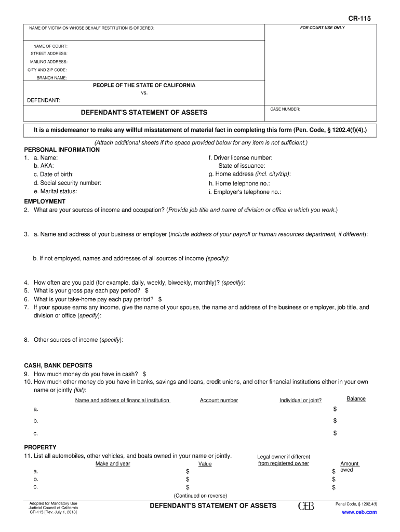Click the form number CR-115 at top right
click(359, 19)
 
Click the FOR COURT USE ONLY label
click(322, 28)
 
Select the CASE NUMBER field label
click(285, 109)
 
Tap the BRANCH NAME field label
click(51, 78)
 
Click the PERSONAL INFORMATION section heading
click(62, 150)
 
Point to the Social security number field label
click(68, 183)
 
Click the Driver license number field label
click(241, 157)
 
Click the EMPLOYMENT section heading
click(45, 201)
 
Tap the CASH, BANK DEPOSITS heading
click(58, 365)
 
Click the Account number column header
click(219, 401)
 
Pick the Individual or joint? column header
click(300, 401)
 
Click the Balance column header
click(356, 399)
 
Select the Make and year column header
click(113, 463)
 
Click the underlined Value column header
click(205, 464)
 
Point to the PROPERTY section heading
click(40, 447)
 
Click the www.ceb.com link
click(359, 512)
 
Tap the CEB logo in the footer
click(306, 506)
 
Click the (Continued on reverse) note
click(200, 496)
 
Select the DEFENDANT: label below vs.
click(44, 100)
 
